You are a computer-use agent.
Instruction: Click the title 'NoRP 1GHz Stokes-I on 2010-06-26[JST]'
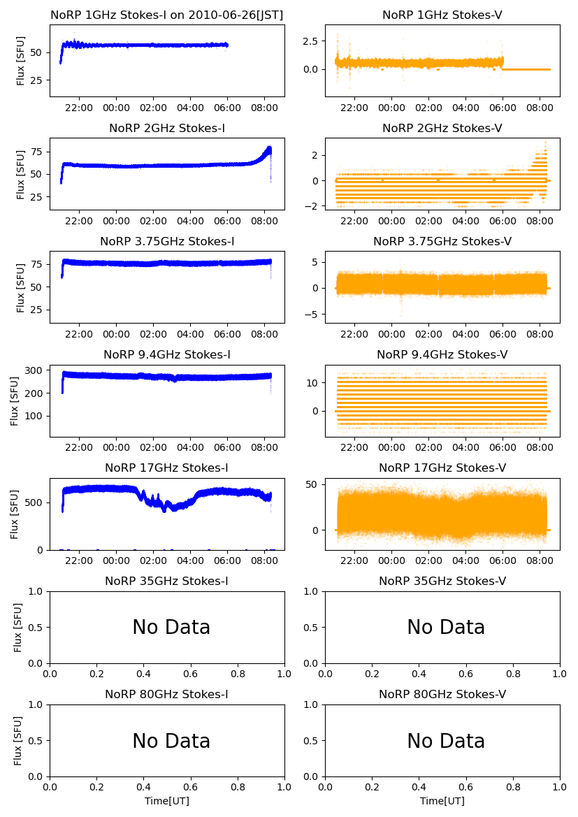167,15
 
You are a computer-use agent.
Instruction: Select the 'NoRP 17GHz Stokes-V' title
442,468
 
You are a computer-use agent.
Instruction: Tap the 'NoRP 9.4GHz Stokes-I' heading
167,354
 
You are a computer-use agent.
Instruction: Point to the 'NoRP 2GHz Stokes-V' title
442,128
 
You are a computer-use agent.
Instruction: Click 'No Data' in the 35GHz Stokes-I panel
171,628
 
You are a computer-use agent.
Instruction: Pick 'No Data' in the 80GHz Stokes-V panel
446,741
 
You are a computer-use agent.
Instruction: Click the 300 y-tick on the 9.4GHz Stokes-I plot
36,370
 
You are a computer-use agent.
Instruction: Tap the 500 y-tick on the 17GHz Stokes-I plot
36,503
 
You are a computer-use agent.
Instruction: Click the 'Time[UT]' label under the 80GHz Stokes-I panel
167,801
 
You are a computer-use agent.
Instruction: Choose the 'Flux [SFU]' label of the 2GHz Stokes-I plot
21,173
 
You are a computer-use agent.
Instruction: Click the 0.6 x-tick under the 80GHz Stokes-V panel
466,787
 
